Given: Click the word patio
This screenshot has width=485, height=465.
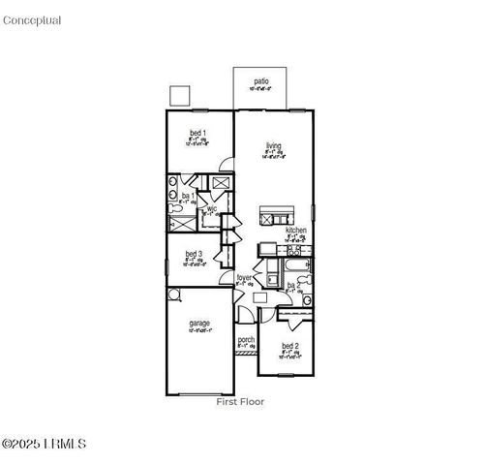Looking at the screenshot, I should (261, 81).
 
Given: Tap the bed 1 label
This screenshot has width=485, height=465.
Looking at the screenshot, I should (197, 132).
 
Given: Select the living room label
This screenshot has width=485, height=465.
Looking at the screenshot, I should (274, 146).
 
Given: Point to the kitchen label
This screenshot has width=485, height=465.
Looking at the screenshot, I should (295, 230).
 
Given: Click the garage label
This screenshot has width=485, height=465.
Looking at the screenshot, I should (199, 323).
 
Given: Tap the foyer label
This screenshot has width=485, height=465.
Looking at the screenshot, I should (245, 278).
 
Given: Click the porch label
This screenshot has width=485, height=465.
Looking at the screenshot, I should (246, 339).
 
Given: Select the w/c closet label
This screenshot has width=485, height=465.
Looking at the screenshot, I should (211, 208).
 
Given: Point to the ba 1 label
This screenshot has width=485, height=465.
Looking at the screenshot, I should (187, 196).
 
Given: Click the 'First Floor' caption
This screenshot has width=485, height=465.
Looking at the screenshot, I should (239, 401).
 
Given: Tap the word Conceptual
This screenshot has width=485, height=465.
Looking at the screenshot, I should (32, 20).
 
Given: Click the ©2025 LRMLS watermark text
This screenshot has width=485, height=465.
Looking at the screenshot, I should (45, 445).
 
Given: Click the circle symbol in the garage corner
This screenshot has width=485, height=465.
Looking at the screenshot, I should (173, 294).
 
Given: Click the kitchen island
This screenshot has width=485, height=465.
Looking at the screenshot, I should (275, 215).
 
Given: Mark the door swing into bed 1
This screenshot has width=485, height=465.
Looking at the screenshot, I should (226, 163).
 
